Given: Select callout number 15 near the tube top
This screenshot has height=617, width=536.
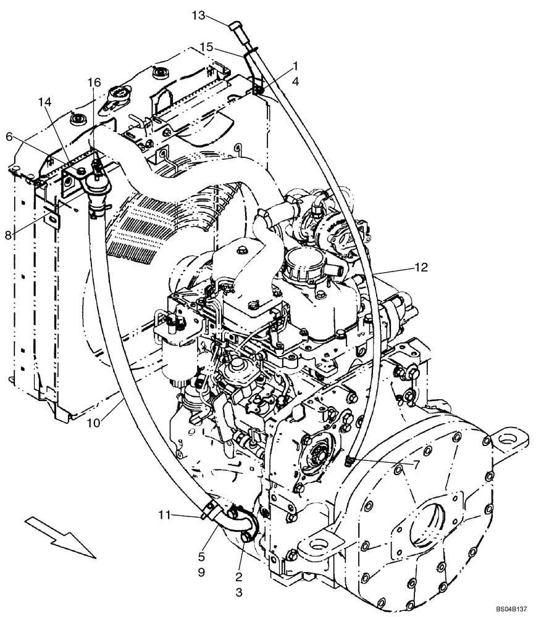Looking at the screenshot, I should (x=207, y=46).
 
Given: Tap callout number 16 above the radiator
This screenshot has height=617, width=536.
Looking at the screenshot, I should (x=93, y=83).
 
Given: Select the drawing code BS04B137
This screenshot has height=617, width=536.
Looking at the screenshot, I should (x=511, y=608).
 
